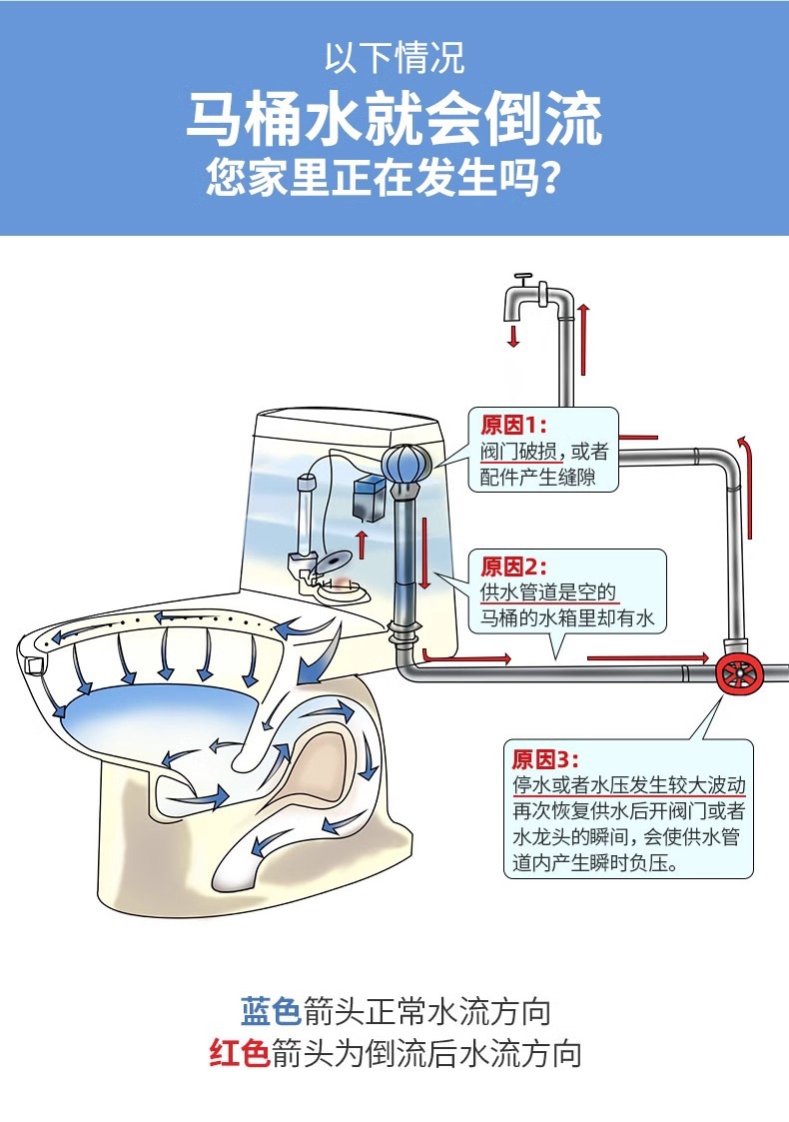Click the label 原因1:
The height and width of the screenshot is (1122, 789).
507,426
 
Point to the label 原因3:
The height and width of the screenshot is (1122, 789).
544,757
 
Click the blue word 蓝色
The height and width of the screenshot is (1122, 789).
271,1011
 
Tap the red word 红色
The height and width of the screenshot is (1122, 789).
239,1054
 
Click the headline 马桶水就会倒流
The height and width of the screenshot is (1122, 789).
394,119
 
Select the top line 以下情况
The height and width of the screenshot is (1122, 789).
394,57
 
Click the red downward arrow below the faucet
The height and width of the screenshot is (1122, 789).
513,335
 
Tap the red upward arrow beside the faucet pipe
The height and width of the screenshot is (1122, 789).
583,324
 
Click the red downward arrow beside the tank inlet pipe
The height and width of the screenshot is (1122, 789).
423,555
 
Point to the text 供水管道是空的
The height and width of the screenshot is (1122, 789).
548,593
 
